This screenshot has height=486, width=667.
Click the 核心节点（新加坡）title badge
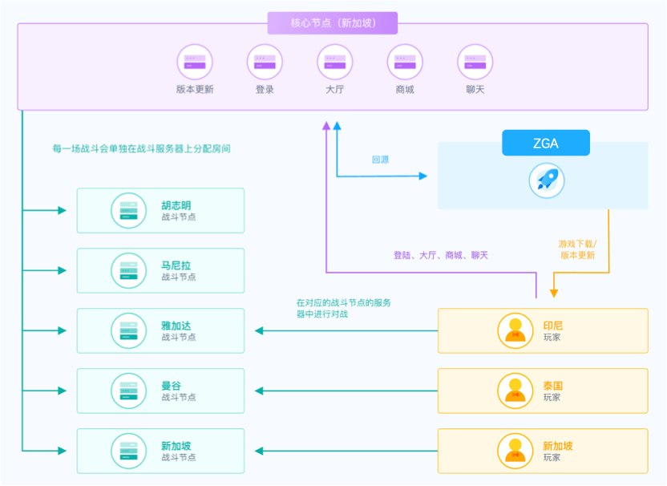(333, 22)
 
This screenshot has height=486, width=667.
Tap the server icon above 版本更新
(195, 62)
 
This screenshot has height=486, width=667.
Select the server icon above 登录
(265, 62)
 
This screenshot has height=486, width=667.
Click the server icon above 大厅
(334, 62)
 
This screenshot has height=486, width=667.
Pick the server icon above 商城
(405, 62)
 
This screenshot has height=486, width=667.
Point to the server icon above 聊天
(475, 62)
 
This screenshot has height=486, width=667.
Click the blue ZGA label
(546, 143)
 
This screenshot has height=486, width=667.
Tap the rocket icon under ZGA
(546, 180)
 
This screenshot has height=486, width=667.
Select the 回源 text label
(380, 160)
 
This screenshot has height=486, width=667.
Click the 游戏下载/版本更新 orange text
(577, 249)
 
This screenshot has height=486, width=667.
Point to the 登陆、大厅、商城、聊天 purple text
(440, 255)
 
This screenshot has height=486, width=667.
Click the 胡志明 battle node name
(176, 205)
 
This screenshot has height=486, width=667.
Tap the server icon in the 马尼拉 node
(128, 270)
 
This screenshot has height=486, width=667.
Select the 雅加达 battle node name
(176, 326)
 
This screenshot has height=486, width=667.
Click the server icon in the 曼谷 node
(128, 391)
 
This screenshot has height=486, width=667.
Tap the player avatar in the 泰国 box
(515, 391)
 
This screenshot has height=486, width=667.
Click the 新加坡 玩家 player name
(558, 446)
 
